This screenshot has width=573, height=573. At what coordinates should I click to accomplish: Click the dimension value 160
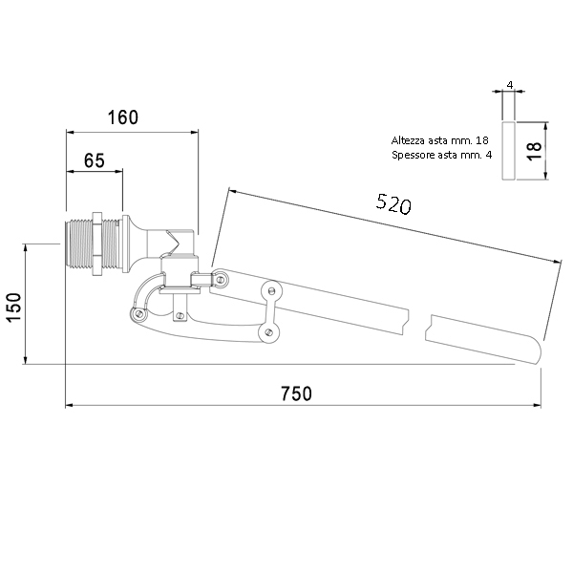tap(123, 117)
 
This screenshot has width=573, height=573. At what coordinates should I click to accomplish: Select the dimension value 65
tap(95, 160)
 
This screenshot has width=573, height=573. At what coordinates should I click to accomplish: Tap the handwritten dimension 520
tap(393, 204)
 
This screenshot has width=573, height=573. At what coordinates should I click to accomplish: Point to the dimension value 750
tap(296, 393)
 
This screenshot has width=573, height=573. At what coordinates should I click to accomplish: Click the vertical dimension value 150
tap(15, 307)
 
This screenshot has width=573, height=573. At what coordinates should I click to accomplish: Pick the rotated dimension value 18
tap(534, 151)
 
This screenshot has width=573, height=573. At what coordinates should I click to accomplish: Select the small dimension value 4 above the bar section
tap(510, 85)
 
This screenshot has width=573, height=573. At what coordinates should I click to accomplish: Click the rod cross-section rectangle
tap(508, 151)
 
